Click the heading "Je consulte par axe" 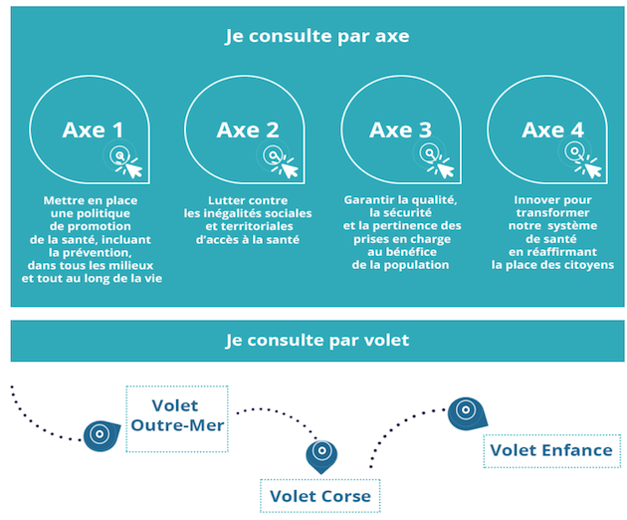tap(317, 36)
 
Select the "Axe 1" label tap(93, 130)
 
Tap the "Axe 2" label tap(248, 130)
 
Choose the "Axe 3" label tap(401, 130)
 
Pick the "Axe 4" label tap(552, 130)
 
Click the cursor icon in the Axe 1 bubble tap(124, 160)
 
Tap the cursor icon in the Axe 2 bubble tap(280, 160)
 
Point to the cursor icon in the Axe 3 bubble tap(436, 159)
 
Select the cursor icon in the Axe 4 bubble tap(582, 159)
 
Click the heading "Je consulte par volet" tap(317, 341)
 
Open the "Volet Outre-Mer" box tap(177, 419)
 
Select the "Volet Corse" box tap(319, 496)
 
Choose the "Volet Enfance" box tap(551, 450)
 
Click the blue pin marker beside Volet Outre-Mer tap(101, 435)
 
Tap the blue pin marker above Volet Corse tap(321, 455)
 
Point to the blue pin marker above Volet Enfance tap(467, 413)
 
